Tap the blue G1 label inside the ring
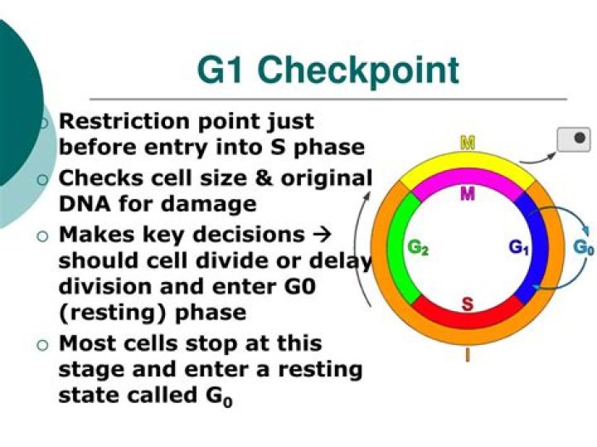tap(519, 247)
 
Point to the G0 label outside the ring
tap(584, 247)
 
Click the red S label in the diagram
tap(468, 304)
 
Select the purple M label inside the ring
tap(468, 194)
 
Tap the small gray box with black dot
tap(574, 138)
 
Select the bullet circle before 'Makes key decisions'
tap(44, 236)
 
